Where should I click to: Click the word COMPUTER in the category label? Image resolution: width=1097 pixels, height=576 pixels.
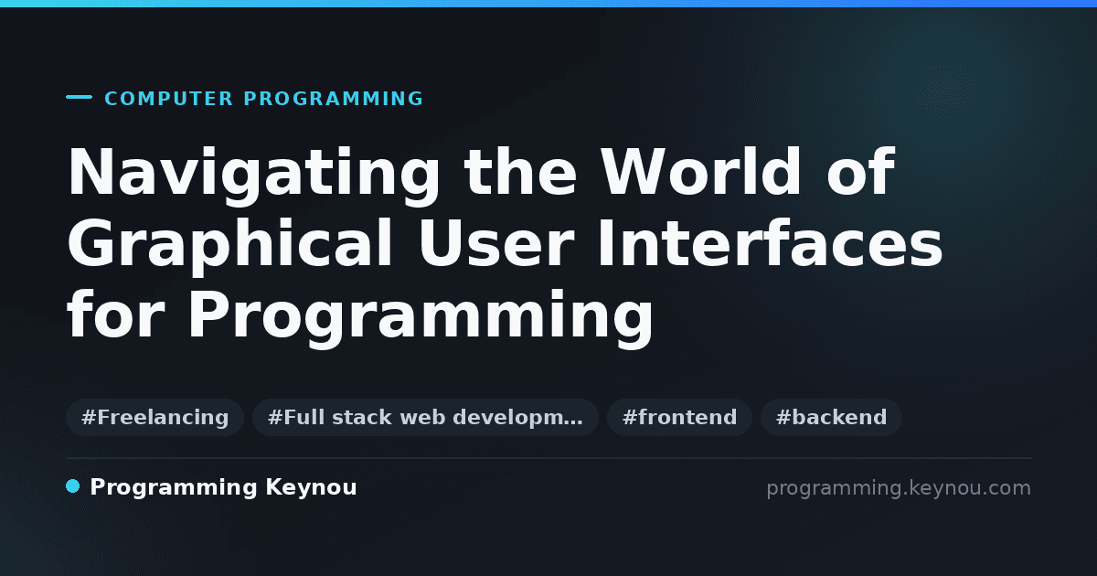[168, 99]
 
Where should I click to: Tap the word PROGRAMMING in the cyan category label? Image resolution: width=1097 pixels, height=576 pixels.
[333, 99]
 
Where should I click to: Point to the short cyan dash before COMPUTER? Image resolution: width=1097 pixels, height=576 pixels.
[79, 97]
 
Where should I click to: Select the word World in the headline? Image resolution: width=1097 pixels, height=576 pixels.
[701, 172]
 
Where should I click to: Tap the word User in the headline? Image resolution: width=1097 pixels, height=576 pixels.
[495, 243]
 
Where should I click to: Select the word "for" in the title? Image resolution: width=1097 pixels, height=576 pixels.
[115, 314]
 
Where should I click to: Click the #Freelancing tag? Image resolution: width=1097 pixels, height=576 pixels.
[154, 417]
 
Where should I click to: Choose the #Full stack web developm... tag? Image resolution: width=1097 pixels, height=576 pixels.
[425, 417]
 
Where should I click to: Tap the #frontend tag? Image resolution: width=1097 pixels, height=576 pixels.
[679, 417]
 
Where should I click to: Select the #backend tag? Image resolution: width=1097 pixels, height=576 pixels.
[831, 417]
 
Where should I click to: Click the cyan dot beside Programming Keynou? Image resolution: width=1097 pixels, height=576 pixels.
[72, 486]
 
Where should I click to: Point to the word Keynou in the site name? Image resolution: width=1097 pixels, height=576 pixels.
[311, 488]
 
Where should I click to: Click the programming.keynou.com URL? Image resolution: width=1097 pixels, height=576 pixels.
[899, 488]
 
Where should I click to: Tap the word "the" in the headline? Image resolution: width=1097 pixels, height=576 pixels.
[520, 172]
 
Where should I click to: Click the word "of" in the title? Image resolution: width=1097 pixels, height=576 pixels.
[861, 172]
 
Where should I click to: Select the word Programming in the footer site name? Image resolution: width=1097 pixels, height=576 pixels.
[174, 488]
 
